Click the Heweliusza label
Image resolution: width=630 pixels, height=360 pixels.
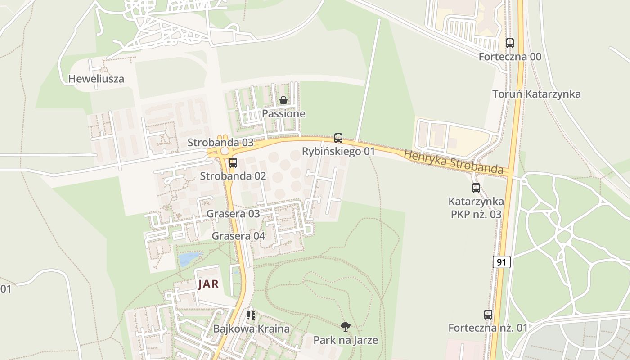pos(96,79)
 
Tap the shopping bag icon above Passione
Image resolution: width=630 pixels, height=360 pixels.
pos(283,100)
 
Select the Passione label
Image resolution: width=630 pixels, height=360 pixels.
pos(283,114)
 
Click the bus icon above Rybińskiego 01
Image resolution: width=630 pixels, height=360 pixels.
pos(338,138)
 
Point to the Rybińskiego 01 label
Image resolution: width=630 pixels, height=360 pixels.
pos(338,151)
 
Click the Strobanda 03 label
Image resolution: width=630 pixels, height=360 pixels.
pos(220,143)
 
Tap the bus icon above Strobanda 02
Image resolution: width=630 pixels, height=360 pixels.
pos(233,163)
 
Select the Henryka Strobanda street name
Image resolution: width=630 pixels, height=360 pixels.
pos(453,162)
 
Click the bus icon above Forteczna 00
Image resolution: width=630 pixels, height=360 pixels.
pos(509,43)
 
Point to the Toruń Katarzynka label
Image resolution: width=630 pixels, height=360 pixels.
pos(536,94)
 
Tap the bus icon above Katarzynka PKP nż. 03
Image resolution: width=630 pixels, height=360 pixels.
pos(476,188)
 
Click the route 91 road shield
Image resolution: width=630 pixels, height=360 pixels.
pos(501,262)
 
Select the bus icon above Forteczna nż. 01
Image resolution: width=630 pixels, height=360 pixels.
pos(488,315)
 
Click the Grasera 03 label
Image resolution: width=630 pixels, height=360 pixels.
pos(233,214)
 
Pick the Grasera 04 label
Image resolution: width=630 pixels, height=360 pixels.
pos(238,236)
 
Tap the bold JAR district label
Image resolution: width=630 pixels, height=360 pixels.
pos(208,284)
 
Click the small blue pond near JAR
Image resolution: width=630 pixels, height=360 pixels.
pos(188,259)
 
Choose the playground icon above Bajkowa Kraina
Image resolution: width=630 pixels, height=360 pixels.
pos(251,315)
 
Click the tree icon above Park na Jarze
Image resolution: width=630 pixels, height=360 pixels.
pos(345,327)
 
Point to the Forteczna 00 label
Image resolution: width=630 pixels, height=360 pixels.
pos(510,57)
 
